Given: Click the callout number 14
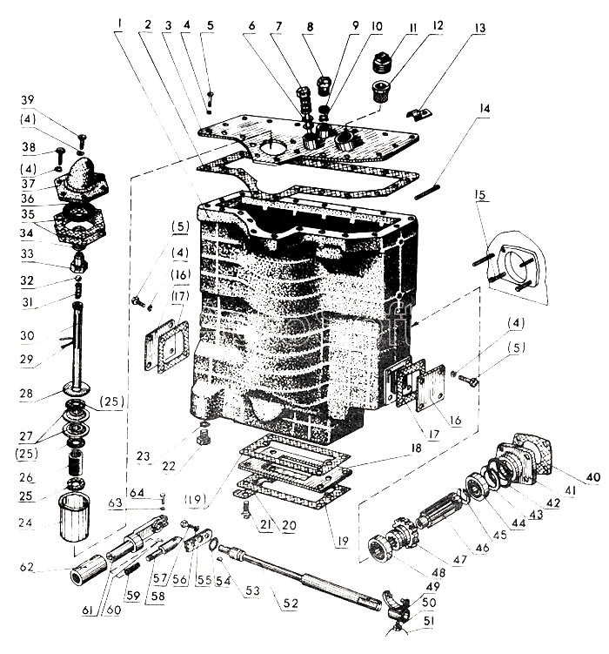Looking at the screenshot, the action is pyautogui.click(x=484, y=109).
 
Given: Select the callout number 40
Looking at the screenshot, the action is pyautogui.click(x=593, y=477).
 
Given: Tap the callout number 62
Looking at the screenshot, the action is pyautogui.click(x=27, y=567).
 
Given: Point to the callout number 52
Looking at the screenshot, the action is pyautogui.click(x=291, y=603).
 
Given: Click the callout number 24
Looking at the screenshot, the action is pyautogui.click(x=25, y=523).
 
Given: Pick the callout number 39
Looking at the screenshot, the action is pyautogui.click(x=28, y=99).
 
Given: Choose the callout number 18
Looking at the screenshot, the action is pyautogui.click(x=416, y=448).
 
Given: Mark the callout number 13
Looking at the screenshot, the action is pyautogui.click(x=480, y=28).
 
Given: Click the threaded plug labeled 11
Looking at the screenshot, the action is pyautogui.click(x=381, y=64).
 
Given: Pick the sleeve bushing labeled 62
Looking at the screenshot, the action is pyautogui.click(x=89, y=568).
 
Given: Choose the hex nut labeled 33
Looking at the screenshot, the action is pyautogui.click(x=78, y=261).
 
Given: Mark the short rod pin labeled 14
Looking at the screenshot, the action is pyautogui.click(x=427, y=192).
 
